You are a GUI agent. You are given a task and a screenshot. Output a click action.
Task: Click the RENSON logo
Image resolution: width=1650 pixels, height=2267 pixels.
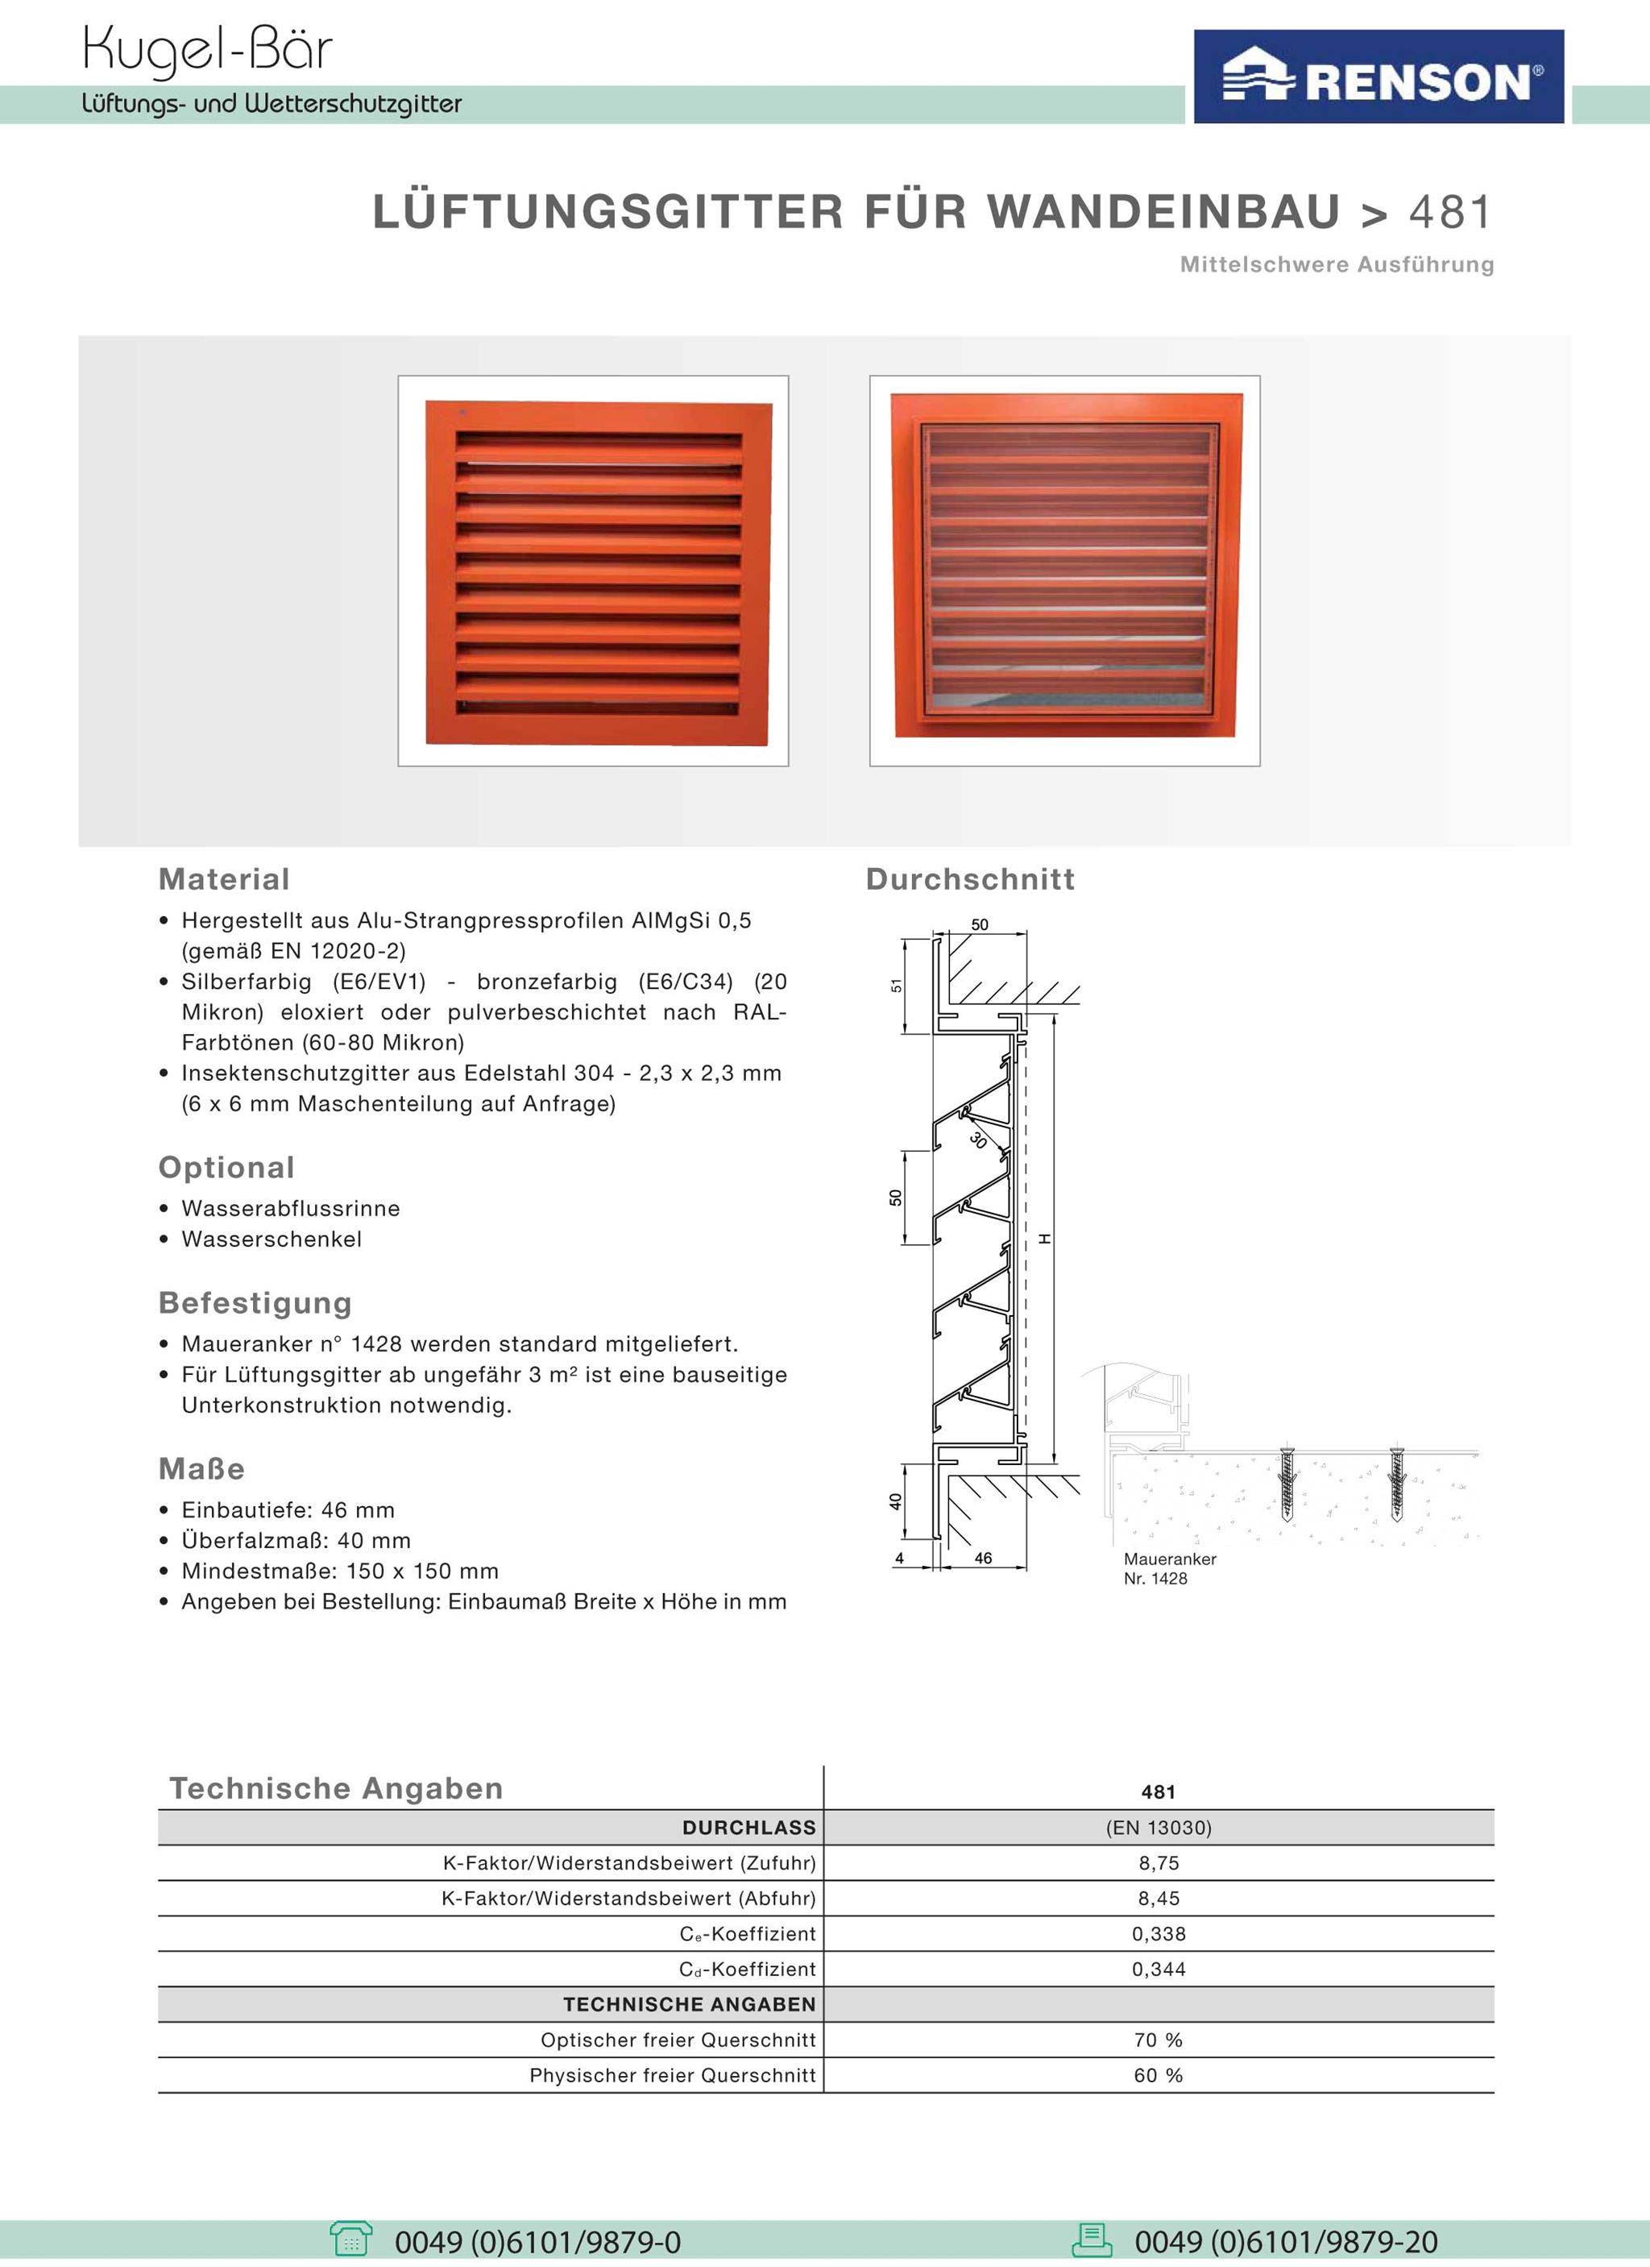1378,78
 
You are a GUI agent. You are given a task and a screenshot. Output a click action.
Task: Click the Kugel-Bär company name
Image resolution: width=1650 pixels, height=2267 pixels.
207,50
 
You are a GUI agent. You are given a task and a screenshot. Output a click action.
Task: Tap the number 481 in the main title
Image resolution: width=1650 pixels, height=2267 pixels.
1451,212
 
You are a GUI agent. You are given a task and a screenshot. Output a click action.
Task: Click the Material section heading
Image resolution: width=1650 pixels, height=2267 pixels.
224,879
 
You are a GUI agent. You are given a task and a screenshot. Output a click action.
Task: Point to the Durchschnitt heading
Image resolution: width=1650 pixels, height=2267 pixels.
969,879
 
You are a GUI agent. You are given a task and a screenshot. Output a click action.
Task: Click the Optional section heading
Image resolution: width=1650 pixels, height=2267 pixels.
226,1168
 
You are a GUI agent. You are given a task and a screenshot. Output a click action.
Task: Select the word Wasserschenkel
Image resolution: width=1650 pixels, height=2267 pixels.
271,1239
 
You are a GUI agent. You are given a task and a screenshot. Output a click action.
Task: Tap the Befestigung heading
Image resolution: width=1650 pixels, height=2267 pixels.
255,1303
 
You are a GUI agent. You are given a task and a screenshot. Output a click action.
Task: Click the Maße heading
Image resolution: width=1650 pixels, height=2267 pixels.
201,1469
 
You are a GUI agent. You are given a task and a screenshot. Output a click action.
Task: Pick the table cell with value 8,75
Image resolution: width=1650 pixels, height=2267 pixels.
1159,1863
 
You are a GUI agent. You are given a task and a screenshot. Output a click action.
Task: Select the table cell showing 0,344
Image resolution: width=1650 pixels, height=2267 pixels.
1159,1969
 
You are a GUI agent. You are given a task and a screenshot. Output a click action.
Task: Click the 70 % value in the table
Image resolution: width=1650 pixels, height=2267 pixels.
1159,2040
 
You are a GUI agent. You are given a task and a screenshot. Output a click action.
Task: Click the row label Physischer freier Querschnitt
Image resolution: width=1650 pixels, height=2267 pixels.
672,2075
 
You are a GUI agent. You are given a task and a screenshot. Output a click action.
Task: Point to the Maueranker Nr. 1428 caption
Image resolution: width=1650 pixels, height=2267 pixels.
1169,1568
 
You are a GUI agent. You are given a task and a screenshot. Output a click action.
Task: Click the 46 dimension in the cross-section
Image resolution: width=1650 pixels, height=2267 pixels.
982,1559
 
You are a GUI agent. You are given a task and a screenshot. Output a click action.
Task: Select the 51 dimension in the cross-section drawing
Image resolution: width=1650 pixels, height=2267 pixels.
897,986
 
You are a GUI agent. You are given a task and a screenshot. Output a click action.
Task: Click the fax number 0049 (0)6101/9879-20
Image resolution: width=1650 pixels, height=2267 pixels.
1285,2242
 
